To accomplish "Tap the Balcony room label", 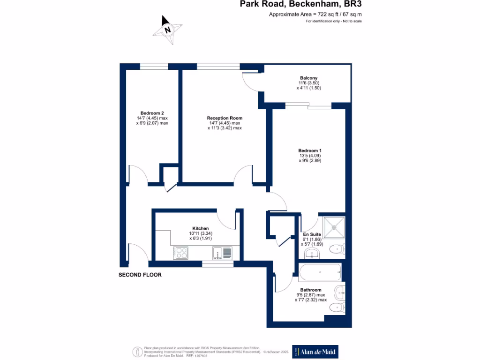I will click(308, 78).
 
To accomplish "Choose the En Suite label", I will click(311, 234).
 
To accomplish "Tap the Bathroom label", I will click(311, 290).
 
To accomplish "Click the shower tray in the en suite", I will click(334, 227).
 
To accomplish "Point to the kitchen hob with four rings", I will click(180, 253).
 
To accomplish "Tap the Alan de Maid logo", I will click(315, 352).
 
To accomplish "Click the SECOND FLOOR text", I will click(140, 275).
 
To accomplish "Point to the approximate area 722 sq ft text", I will click(315, 15).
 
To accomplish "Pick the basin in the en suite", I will click(312, 254).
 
